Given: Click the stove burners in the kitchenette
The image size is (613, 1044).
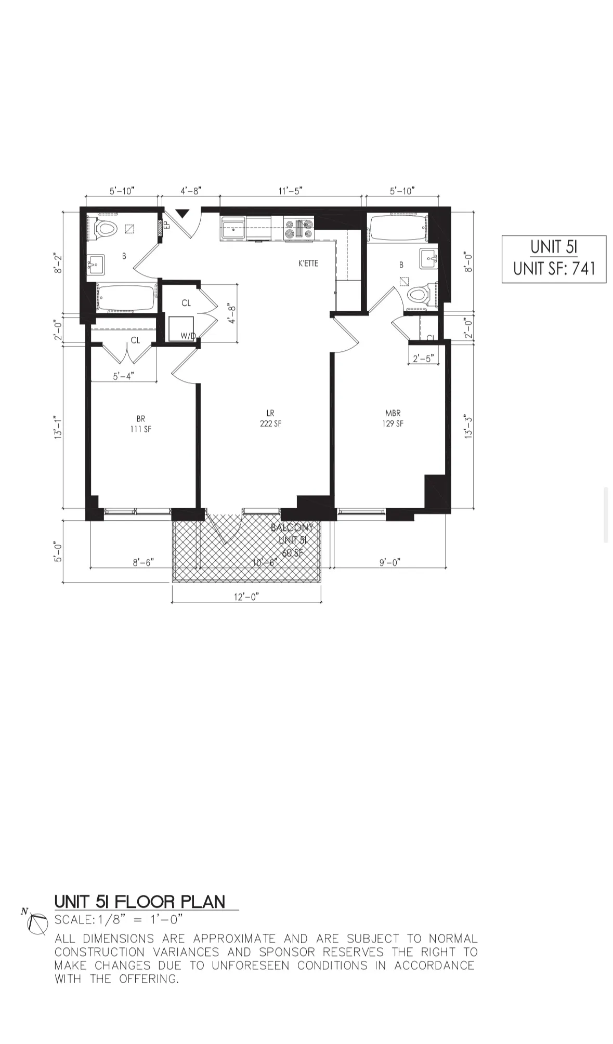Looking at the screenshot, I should point(298,229).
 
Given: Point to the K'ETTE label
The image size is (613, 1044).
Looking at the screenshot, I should point(308,263).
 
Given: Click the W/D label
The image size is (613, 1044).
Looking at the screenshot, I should point(188,336).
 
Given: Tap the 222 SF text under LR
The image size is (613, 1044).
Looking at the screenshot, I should point(270,424).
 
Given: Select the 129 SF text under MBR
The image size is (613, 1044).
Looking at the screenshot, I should point(393,424).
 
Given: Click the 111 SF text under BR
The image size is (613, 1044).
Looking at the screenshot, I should point(141,429).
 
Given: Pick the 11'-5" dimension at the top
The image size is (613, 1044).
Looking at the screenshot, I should point(290,191).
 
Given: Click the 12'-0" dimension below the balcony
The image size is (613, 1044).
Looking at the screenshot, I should point(246,597).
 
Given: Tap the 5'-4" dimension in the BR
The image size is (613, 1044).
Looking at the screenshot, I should point(124,376).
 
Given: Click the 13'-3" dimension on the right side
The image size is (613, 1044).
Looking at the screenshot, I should point(468,426).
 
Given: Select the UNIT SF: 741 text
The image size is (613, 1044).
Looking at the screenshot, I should point(554,269).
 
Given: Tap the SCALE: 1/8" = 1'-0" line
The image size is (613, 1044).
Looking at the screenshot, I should point(119,919).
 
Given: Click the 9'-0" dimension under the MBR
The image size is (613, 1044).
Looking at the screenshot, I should point(389,562).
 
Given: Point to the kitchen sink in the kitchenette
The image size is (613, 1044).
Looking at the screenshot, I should point(233,229).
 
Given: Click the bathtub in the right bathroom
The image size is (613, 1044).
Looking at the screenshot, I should point(398,229).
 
